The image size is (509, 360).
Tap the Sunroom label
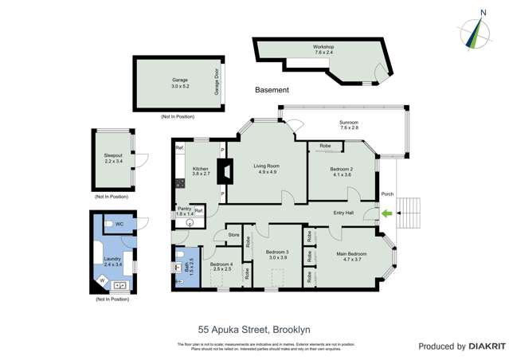pos(349,123)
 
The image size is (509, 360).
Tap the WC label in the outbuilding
pos(119,224)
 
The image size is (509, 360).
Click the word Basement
pos(272,90)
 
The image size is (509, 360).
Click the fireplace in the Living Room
pos(227,170)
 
